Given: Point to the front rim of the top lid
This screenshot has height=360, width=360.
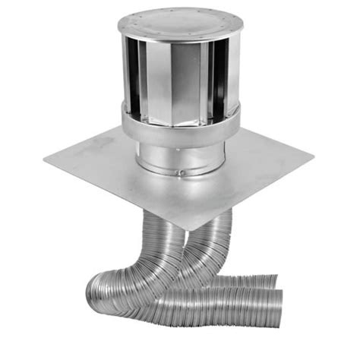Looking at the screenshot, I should [179, 34].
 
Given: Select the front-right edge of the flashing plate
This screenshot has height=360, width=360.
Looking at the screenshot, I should [254, 194].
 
